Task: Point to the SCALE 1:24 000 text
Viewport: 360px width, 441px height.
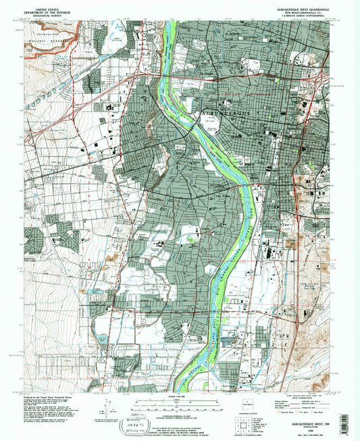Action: tap(180, 395)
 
